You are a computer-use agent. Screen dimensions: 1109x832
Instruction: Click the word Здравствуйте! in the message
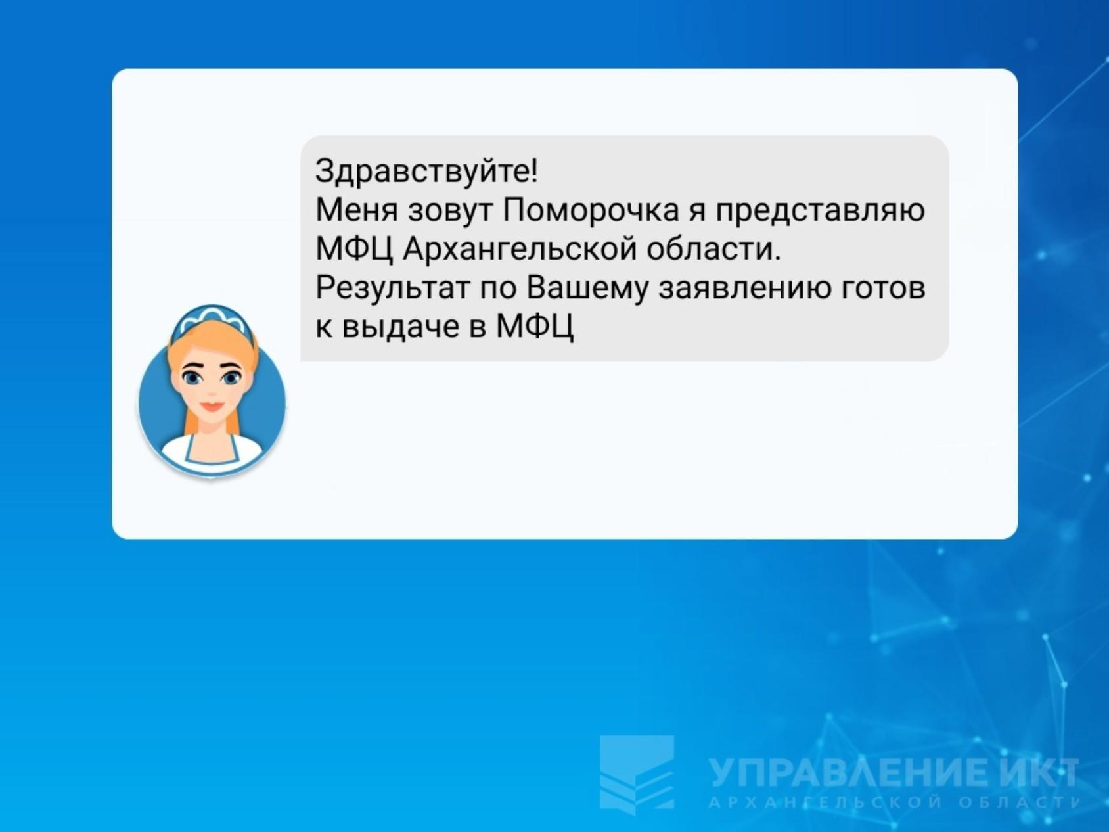[x=426, y=172]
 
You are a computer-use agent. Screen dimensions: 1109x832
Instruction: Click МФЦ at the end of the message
[x=535, y=327]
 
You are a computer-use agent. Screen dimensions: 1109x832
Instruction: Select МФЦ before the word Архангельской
[x=354, y=249]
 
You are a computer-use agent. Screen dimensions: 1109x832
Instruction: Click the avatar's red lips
[x=212, y=405]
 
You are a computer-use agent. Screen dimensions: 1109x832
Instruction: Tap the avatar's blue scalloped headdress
[x=212, y=317]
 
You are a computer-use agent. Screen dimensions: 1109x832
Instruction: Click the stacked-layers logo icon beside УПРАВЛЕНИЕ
[x=637, y=774]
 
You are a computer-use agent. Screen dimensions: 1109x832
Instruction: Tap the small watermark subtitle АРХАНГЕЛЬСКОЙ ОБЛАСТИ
[x=894, y=803]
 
